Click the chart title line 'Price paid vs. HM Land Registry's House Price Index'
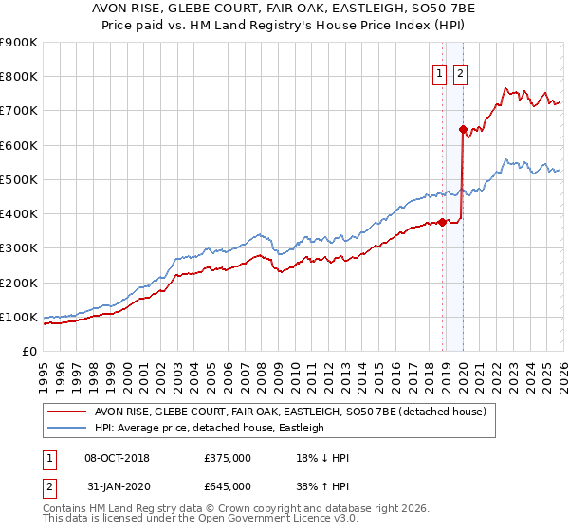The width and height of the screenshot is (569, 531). tap(284, 27)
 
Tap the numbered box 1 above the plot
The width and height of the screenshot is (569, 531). tap(441, 75)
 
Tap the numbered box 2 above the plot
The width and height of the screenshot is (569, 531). tap(461, 75)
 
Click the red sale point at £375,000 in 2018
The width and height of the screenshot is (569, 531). tap(442, 223)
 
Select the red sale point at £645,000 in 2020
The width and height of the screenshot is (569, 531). tap(463, 130)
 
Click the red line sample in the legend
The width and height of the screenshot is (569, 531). tap(67, 412)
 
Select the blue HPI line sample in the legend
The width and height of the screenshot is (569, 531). tap(67, 428)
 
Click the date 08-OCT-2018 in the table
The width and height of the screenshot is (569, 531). tap(117, 458)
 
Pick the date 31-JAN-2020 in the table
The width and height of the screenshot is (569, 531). tap(117, 486)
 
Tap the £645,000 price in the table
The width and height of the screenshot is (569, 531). tap(228, 486)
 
